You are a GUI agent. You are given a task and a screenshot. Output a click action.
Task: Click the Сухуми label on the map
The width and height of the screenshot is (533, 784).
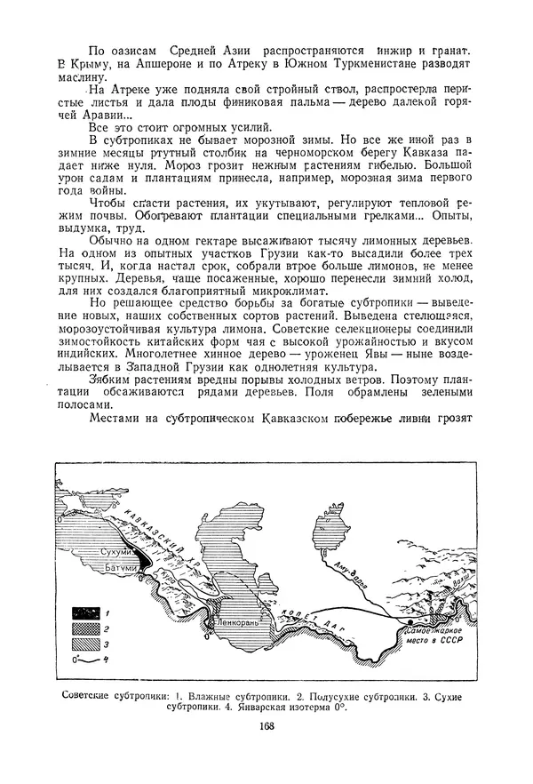119,553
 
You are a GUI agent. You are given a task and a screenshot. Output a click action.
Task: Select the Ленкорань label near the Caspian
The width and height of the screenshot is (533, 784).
237,624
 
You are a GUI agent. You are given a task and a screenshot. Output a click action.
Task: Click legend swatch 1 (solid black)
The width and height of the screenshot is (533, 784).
87,612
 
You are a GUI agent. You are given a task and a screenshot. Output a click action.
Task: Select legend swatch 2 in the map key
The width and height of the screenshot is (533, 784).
87,627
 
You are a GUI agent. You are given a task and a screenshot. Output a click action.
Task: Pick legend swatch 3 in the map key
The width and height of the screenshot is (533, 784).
87,642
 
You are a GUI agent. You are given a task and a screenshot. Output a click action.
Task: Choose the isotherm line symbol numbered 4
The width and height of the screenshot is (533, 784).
87,658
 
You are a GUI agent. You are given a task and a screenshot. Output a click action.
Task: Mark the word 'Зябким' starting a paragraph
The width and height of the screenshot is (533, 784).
112,377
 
